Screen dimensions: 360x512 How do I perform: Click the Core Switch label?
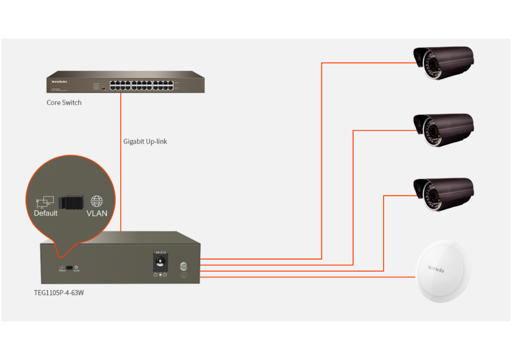(64, 103)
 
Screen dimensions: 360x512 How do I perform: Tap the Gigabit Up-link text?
(145, 141)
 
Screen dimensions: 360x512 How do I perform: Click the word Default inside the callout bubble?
(46, 213)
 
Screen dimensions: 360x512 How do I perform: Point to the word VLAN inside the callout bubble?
(97, 213)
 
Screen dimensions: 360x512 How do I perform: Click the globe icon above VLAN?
(97, 202)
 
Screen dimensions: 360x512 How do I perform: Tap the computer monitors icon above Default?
(45, 202)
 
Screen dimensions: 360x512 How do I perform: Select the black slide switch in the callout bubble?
(70, 203)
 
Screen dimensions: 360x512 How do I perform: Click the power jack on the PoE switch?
(159, 263)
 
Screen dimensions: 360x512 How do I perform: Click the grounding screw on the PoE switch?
(184, 266)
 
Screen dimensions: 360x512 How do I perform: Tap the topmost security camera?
(444, 62)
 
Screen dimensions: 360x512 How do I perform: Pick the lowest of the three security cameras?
(444, 194)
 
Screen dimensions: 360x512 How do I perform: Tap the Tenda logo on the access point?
(436, 269)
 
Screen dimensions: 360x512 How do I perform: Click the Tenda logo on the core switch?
(59, 82)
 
